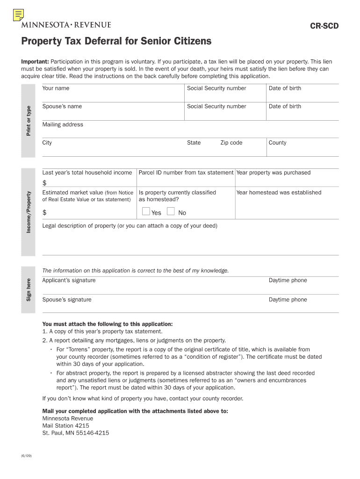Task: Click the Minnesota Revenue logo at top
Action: point(66,25)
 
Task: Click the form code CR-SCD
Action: point(324,26)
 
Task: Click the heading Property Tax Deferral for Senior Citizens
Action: point(116,42)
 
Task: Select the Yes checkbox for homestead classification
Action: point(146,212)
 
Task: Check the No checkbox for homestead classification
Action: point(171,212)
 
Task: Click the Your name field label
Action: point(56,88)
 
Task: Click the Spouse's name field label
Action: point(62,107)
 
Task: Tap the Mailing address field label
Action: point(63,125)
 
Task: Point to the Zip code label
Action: point(231,143)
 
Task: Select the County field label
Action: point(277,143)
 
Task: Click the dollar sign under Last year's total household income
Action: point(44,182)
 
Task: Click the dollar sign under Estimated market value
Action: point(44,213)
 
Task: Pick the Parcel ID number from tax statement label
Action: point(186,173)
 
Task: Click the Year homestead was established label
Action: point(279,193)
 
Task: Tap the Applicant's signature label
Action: point(69,281)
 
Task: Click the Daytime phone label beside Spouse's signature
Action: point(288,300)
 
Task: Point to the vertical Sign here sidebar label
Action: point(29,290)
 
